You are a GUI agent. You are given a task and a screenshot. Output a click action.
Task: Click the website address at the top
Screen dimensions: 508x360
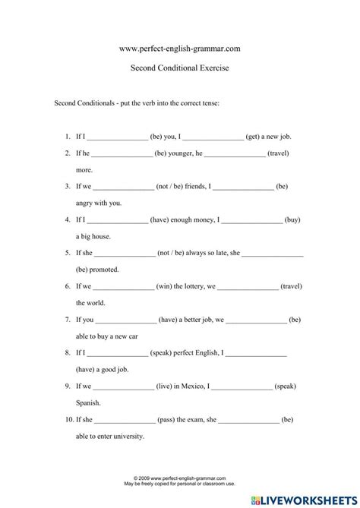pyautogui.click(x=180, y=49)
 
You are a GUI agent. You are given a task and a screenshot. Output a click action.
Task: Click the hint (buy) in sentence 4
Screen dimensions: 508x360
pyautogui.click(x=292, y=219)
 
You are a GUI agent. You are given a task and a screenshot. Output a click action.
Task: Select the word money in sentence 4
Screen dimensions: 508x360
pyautogui.click(x=204, y=219)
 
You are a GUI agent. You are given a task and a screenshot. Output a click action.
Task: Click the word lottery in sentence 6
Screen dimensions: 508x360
pyautogui.click(x=197, y=286)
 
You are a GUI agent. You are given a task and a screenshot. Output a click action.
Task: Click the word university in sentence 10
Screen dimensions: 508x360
pyautogui.click(x=127, y=437)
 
